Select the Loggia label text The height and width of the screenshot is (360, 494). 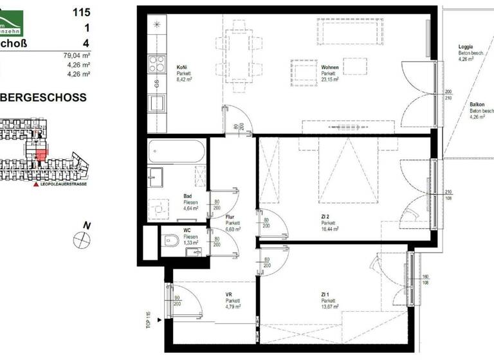(466, 47)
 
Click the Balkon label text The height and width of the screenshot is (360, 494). (477, 104)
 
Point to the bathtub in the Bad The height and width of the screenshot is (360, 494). (176, 153)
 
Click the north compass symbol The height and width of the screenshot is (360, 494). (82, 239)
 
